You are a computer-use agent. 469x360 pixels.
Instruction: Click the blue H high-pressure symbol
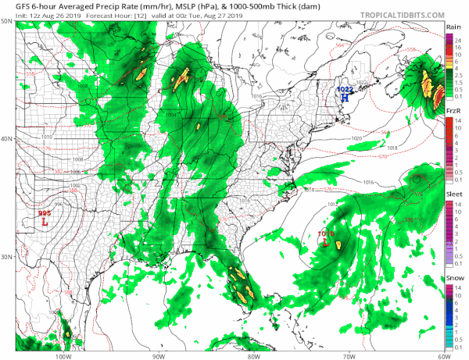(344, 98)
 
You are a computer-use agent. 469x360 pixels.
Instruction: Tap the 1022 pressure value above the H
(344, 89)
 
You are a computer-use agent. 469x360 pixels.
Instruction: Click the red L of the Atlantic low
(324, 243)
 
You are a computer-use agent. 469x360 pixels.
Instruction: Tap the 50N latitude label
(6, 21)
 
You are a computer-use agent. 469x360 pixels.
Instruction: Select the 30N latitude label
(6, 257)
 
